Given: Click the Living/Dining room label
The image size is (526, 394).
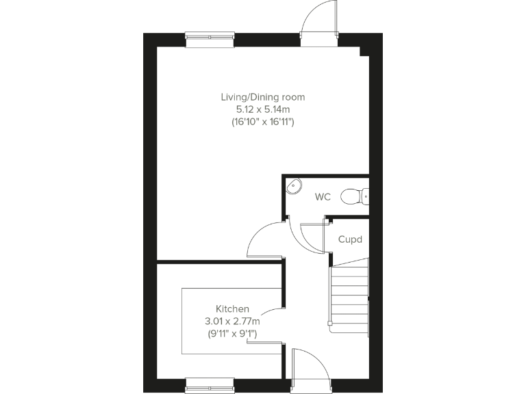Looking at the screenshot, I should [262, 97].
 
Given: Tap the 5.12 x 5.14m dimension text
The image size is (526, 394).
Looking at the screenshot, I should [262, 109].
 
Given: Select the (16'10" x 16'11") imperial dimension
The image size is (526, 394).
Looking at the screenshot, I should [262, 122].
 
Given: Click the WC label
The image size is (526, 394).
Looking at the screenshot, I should [323, 197].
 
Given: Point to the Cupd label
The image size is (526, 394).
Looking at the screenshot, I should [351, 240].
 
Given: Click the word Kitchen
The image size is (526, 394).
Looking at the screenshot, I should [232, 309].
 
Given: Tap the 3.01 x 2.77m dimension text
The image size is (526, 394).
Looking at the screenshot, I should [232, 321].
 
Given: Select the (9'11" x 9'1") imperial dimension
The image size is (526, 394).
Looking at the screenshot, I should [232, 334].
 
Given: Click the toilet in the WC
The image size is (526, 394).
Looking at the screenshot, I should [354, 196].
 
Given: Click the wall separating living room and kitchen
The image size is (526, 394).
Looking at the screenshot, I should [219, 261].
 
